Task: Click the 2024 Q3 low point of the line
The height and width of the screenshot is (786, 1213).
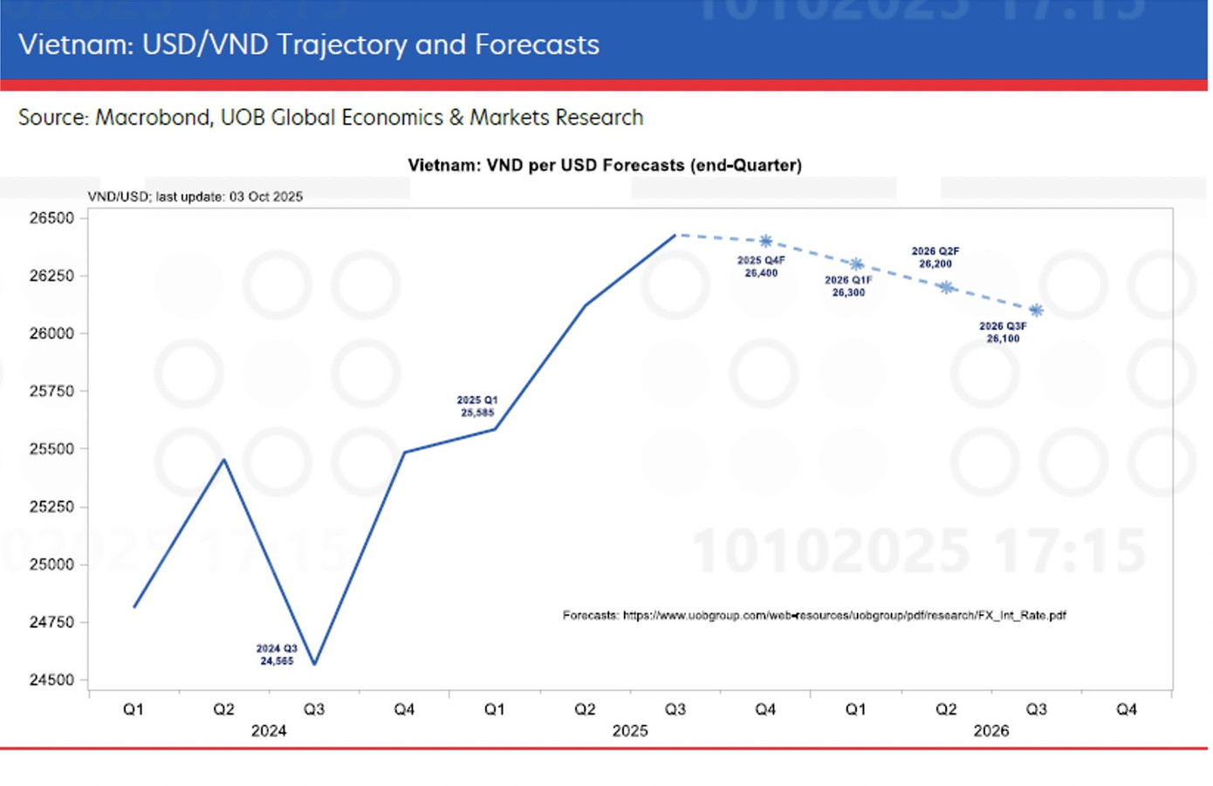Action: [x=314, y=665]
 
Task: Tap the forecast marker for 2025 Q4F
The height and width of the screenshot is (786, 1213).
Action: [x=765, y=242]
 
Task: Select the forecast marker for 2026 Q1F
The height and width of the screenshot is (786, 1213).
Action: [x=856, y=264]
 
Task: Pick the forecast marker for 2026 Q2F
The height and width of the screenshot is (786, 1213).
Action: [x=946, y=287]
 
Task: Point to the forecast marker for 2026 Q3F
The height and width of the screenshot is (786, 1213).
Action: [x=1036, y=311]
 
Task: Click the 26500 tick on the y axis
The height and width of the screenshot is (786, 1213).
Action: [x=52, y=218]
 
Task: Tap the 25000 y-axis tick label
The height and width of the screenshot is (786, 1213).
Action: [x=52, y=564]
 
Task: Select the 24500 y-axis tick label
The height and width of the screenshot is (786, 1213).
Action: [x=52, y=680]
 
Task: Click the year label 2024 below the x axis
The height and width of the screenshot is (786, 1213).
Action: [x=269, y=731]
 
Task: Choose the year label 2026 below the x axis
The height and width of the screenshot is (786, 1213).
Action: [x=990, y=731]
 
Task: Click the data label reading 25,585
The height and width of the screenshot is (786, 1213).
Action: [x=477, y=413]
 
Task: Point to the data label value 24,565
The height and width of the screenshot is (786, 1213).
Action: [x=277, y=661]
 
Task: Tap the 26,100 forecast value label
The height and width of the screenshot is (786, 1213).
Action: [x=1003, y=338]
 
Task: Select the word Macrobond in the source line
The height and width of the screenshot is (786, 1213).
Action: [x=153, y=118]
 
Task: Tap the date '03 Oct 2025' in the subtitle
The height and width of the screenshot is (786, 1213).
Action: [x=265, y=197]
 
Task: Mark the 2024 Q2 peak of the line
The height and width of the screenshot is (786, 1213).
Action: [x=224, y=460]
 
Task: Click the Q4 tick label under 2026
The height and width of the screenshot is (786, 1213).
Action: [x=1126, y=710]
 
